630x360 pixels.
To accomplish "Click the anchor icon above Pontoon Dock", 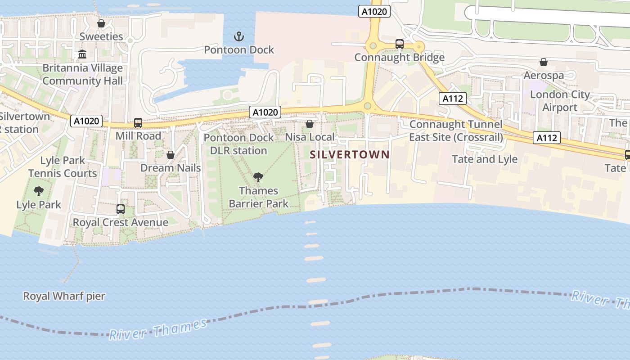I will [239, 36].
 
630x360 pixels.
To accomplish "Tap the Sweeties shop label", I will [101, 36].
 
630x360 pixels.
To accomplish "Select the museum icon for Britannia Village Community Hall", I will [83, 54].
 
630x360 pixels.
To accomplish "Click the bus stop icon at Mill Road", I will [138, 122].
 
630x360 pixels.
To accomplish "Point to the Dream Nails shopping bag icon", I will [171, 155].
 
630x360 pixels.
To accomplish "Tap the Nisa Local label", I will [310, 137].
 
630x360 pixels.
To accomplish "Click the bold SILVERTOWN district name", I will [350, 155].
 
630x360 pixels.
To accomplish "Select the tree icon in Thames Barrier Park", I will [258, 177].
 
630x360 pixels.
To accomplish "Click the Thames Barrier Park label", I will [259, 197].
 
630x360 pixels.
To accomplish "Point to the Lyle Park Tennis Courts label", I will [63, 167].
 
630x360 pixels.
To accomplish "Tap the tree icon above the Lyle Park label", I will [39, 191].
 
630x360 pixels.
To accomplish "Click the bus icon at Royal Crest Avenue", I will [120, 209].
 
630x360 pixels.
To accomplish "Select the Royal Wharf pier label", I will [64, 296].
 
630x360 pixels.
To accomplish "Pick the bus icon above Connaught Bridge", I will [399, 44].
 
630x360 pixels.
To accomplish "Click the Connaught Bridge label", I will [399, 58].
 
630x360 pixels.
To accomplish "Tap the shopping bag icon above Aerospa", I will [544, 62].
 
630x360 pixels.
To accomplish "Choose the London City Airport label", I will [560, 101].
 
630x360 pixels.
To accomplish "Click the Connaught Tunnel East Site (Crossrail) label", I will [456, 130].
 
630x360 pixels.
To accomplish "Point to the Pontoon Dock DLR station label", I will [239, 144].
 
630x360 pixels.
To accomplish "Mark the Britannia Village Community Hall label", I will [82, 75].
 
